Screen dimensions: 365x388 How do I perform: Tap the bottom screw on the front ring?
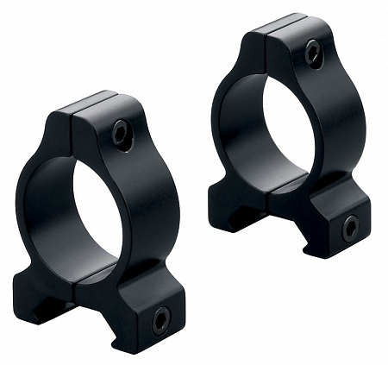point(161,322)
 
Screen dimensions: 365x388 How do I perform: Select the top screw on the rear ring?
point(314,53)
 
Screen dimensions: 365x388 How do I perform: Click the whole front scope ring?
point(103,216)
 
